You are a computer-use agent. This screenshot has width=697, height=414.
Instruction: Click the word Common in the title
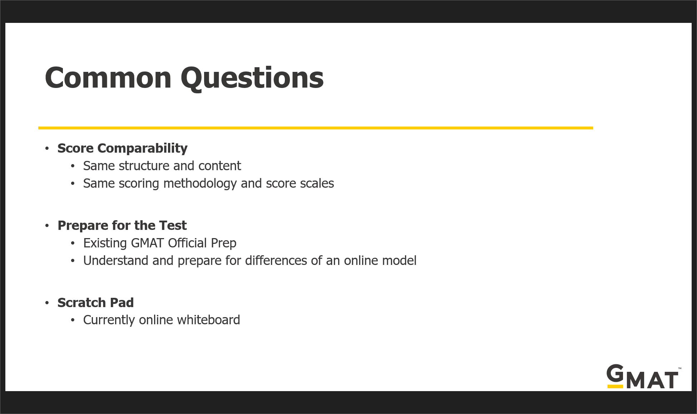(108, 78)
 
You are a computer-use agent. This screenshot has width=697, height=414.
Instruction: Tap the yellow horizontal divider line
(316, 128)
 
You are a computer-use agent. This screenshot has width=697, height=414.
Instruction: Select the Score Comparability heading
(122, 148)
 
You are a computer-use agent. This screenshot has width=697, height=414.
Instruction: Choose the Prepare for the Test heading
(122, 226)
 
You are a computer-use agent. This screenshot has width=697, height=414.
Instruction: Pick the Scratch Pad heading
(95, 303)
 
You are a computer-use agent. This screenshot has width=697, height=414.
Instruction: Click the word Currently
(109, 320)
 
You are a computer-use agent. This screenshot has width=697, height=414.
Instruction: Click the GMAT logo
(644, 376)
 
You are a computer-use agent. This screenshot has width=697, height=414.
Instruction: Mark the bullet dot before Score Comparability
(47, 148)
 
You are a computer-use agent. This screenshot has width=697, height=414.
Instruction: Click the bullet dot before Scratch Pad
(47, 303)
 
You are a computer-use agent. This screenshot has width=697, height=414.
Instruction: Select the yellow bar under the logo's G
(615, 386)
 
